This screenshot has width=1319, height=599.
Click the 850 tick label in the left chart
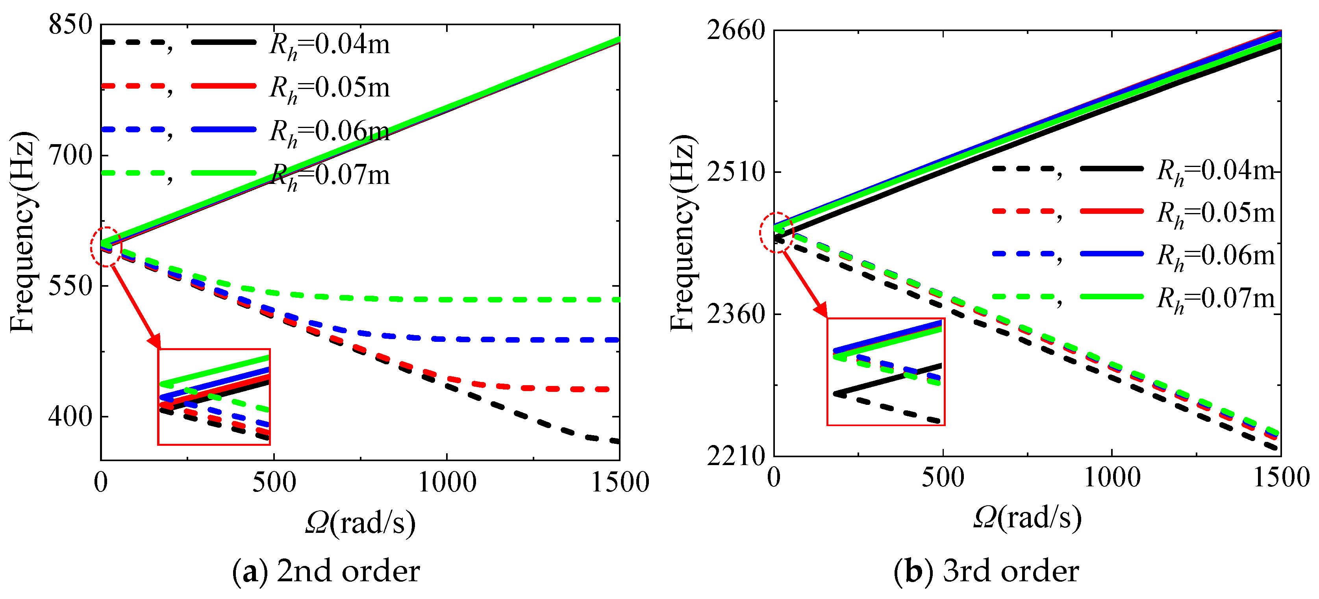coord(70,24)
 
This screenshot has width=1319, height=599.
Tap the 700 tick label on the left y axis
coord(70,155)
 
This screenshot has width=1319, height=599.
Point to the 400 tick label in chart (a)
coord(70,417)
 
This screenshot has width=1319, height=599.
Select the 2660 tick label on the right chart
coord(736,31)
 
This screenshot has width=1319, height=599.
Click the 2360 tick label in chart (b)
coord(736,314)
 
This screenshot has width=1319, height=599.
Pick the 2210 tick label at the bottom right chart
coord(736,456)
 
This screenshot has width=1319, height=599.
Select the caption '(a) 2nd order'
coord(326,571)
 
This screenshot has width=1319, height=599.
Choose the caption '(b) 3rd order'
coord(986,571)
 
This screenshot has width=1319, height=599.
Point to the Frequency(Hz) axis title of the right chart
coord(683,233)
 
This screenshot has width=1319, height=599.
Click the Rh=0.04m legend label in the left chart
coord(329,45)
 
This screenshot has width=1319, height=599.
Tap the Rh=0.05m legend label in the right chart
coord(1215,213)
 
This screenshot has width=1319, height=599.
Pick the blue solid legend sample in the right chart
coord(1112,254)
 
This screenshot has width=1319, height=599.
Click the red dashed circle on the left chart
coord(106,247)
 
